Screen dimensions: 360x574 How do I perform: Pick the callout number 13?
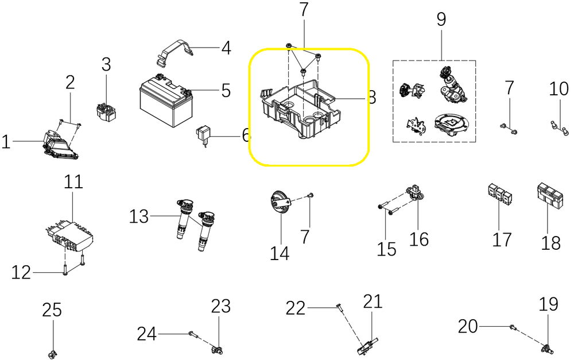[139, 216]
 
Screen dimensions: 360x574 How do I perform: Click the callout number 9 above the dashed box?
[441, 20]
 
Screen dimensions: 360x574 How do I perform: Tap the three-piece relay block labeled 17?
[500, 194]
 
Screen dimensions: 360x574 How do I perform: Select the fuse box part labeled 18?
[550, 195]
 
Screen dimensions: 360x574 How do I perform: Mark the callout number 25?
[52, 311]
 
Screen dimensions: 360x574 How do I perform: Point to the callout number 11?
[73, 183]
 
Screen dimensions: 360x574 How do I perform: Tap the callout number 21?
[373, 301]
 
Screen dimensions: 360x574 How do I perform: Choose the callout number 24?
[146, 333]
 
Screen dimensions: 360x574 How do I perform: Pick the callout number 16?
[420, 238]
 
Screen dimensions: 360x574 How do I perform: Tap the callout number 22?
[296, 308]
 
